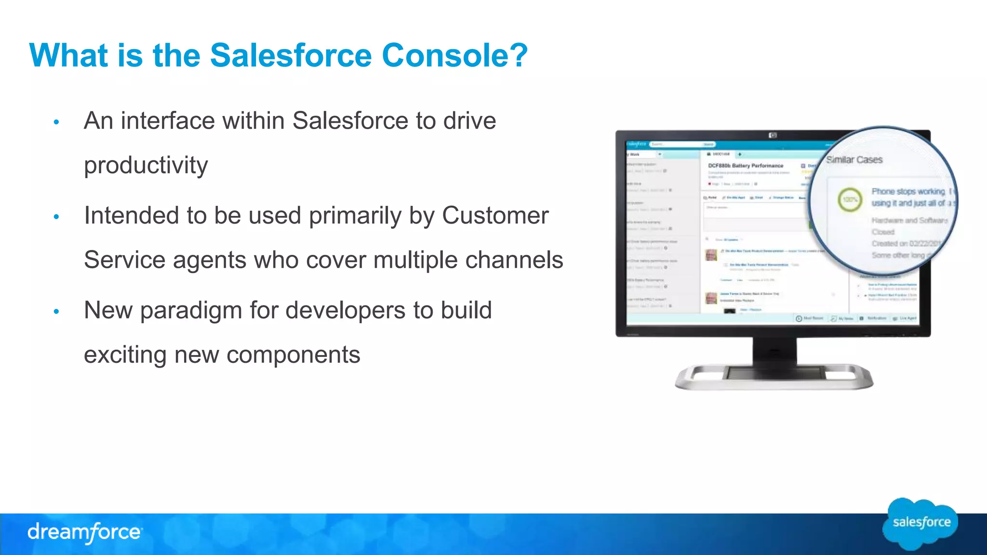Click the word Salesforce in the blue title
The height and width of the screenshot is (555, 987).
click(291, 55)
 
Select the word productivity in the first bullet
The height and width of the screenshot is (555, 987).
click(146, 165)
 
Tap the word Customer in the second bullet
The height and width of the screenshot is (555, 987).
click(495, 215)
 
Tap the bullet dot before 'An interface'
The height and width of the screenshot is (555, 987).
click(56, 122)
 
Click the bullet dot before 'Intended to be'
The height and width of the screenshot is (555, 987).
click(56, 217)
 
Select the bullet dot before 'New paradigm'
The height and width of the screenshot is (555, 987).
click(56, 312)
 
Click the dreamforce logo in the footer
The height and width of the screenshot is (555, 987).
click(84, 532)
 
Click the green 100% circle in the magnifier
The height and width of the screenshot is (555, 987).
click(850, 199)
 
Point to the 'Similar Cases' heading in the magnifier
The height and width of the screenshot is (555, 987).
click(854, 160)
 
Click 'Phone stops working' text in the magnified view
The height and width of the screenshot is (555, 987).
click(908, 192)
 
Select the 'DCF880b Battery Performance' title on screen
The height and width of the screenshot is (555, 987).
click(746, 166)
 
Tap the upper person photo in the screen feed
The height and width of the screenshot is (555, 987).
click(711, 255)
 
